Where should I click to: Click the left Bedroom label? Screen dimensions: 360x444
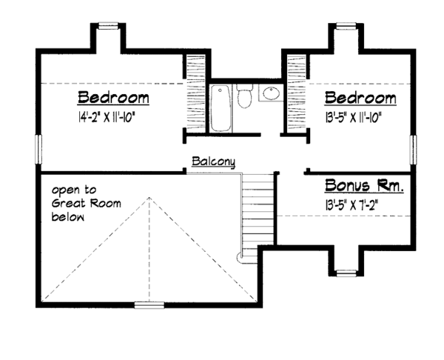114,99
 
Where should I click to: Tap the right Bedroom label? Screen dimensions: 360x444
360,99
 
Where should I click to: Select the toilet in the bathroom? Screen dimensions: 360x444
246,99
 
